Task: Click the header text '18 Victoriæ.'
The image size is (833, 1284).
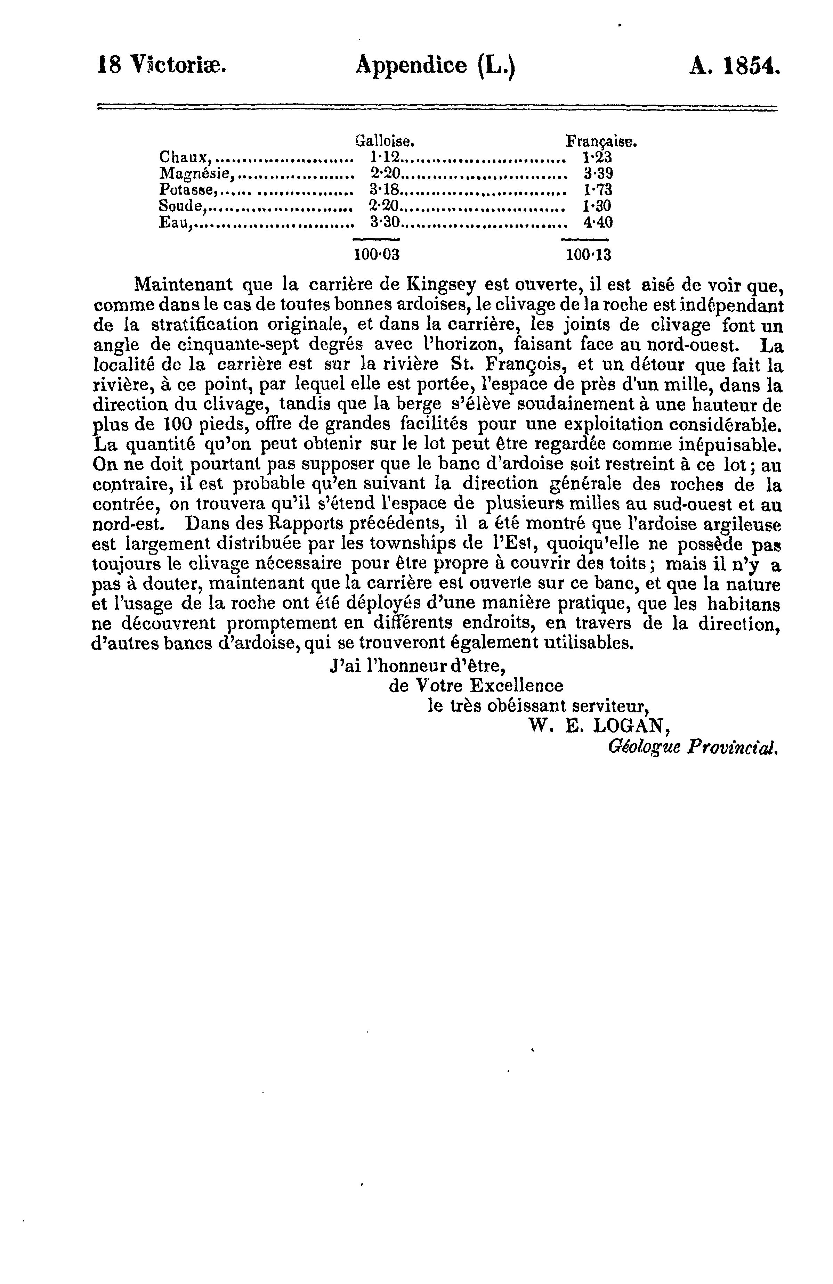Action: tap(161, 66)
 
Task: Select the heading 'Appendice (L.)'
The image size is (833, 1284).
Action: tap(435, 66)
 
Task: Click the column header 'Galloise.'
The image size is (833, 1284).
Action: tap(385, 142)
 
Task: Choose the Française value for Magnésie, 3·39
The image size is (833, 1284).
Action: tap(598, 174)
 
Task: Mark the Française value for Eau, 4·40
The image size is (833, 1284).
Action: tap(598, 222)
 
